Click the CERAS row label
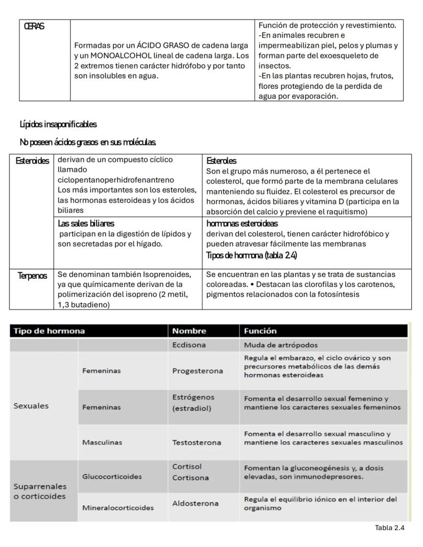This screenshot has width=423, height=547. tap(34, 27)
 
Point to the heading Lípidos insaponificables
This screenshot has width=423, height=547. tap(58, 124)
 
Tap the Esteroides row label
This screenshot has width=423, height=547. tap(32, 161)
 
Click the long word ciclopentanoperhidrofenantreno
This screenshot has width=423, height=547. tap(115, 180)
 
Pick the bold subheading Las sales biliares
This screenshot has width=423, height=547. tap(86, 223)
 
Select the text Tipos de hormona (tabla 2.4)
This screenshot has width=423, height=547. tap(251, 255)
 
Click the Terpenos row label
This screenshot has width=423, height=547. tap(32, 276)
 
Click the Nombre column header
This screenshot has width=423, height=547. tap(189, 331)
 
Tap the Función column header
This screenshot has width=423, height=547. tap(260, 331)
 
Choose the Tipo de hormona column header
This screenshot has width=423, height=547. tap(49, 331)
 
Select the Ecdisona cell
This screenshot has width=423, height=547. tap(189, 345)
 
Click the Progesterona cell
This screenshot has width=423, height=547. tap(197, 371)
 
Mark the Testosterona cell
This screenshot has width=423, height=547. tap(197, 442)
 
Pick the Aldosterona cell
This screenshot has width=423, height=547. tap(195, 504)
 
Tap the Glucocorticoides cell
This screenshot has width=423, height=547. tap(112, 477)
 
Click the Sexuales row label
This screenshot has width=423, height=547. tap(31, 406)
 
